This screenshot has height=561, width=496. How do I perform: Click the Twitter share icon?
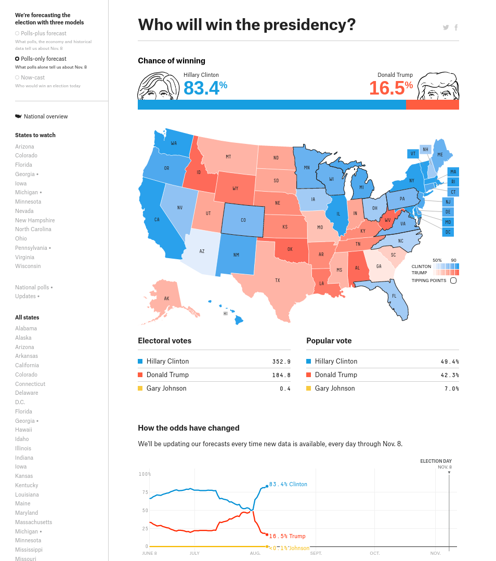click(446, 28)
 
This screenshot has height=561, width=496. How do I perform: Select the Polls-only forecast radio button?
click(17, 59)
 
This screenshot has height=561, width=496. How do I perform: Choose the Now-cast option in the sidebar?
click(17, 77)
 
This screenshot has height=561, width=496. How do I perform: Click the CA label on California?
click(156, 220)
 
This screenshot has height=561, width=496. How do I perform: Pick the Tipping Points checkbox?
click(453, 280)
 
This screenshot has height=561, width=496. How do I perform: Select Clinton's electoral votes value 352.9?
click(281, 362)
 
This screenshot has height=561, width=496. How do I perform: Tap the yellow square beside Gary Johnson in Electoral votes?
click(140, 389)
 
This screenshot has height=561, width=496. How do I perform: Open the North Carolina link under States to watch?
click(33, 229)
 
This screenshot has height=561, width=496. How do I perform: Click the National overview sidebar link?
click(46, 116)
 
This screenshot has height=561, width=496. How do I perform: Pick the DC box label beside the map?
click(448, 232)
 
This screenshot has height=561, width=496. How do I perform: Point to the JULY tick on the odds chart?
click(194, 553)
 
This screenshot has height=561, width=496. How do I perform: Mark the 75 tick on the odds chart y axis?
click(145, 492)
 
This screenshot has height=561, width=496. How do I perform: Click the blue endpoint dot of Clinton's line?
click(267, 486)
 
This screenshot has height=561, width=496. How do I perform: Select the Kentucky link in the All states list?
click(27, 485)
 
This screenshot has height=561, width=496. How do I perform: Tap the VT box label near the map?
click(413, 154)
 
